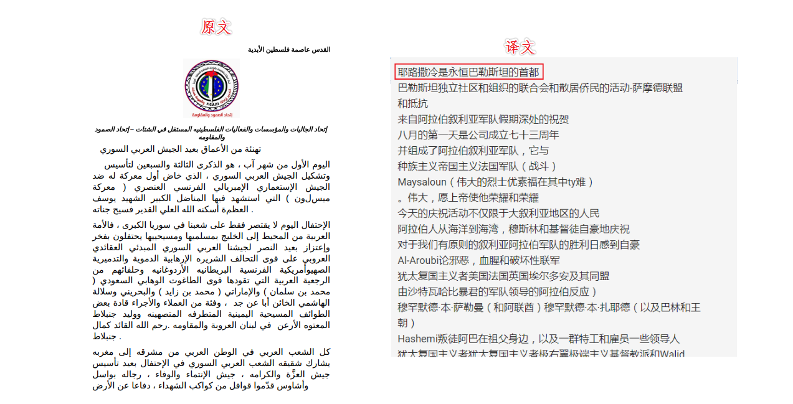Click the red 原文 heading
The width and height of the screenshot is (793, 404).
(216, 27)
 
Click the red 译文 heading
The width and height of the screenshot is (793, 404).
(520, 47)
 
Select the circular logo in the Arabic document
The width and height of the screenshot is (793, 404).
(211, 87)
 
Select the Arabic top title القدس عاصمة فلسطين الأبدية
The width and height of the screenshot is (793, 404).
(289, 49)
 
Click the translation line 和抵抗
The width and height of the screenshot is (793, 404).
(412, 103)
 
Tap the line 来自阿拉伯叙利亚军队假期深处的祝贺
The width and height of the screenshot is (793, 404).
(483, 119)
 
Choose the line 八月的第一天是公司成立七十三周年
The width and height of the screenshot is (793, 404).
(478, 134)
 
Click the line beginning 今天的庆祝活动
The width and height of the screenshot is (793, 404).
(498, 214)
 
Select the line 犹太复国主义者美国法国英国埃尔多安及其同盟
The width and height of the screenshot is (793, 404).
(503, 276)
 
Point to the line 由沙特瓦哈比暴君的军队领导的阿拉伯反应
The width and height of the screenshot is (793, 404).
(497, 291)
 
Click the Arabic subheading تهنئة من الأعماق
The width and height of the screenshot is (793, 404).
(181, 149)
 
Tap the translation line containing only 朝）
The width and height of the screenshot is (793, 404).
(406, 323)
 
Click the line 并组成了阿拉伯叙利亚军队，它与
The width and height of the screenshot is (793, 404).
(473, 151)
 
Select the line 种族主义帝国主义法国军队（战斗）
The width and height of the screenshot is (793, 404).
(477, 166)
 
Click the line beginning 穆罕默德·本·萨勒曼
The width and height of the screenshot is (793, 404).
(549, 308)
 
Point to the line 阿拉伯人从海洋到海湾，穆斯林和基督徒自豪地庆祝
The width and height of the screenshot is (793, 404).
(513, 229)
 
